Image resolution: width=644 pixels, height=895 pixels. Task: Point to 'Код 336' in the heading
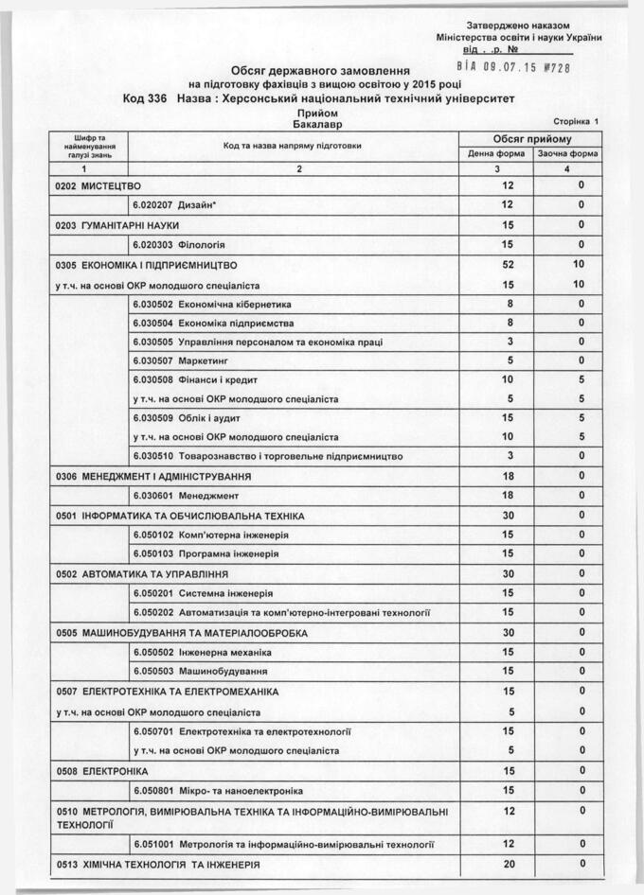coord(145,97)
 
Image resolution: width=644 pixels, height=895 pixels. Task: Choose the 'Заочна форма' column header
coord(567,153)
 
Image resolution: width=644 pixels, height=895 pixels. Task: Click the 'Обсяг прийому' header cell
coord(531,139)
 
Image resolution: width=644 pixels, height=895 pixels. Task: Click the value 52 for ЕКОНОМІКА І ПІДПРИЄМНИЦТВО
coord(509,265)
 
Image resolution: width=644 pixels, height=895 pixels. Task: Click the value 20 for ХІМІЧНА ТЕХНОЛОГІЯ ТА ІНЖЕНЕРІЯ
coord(509,864)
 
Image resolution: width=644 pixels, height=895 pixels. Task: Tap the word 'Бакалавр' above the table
coord(318,124)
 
